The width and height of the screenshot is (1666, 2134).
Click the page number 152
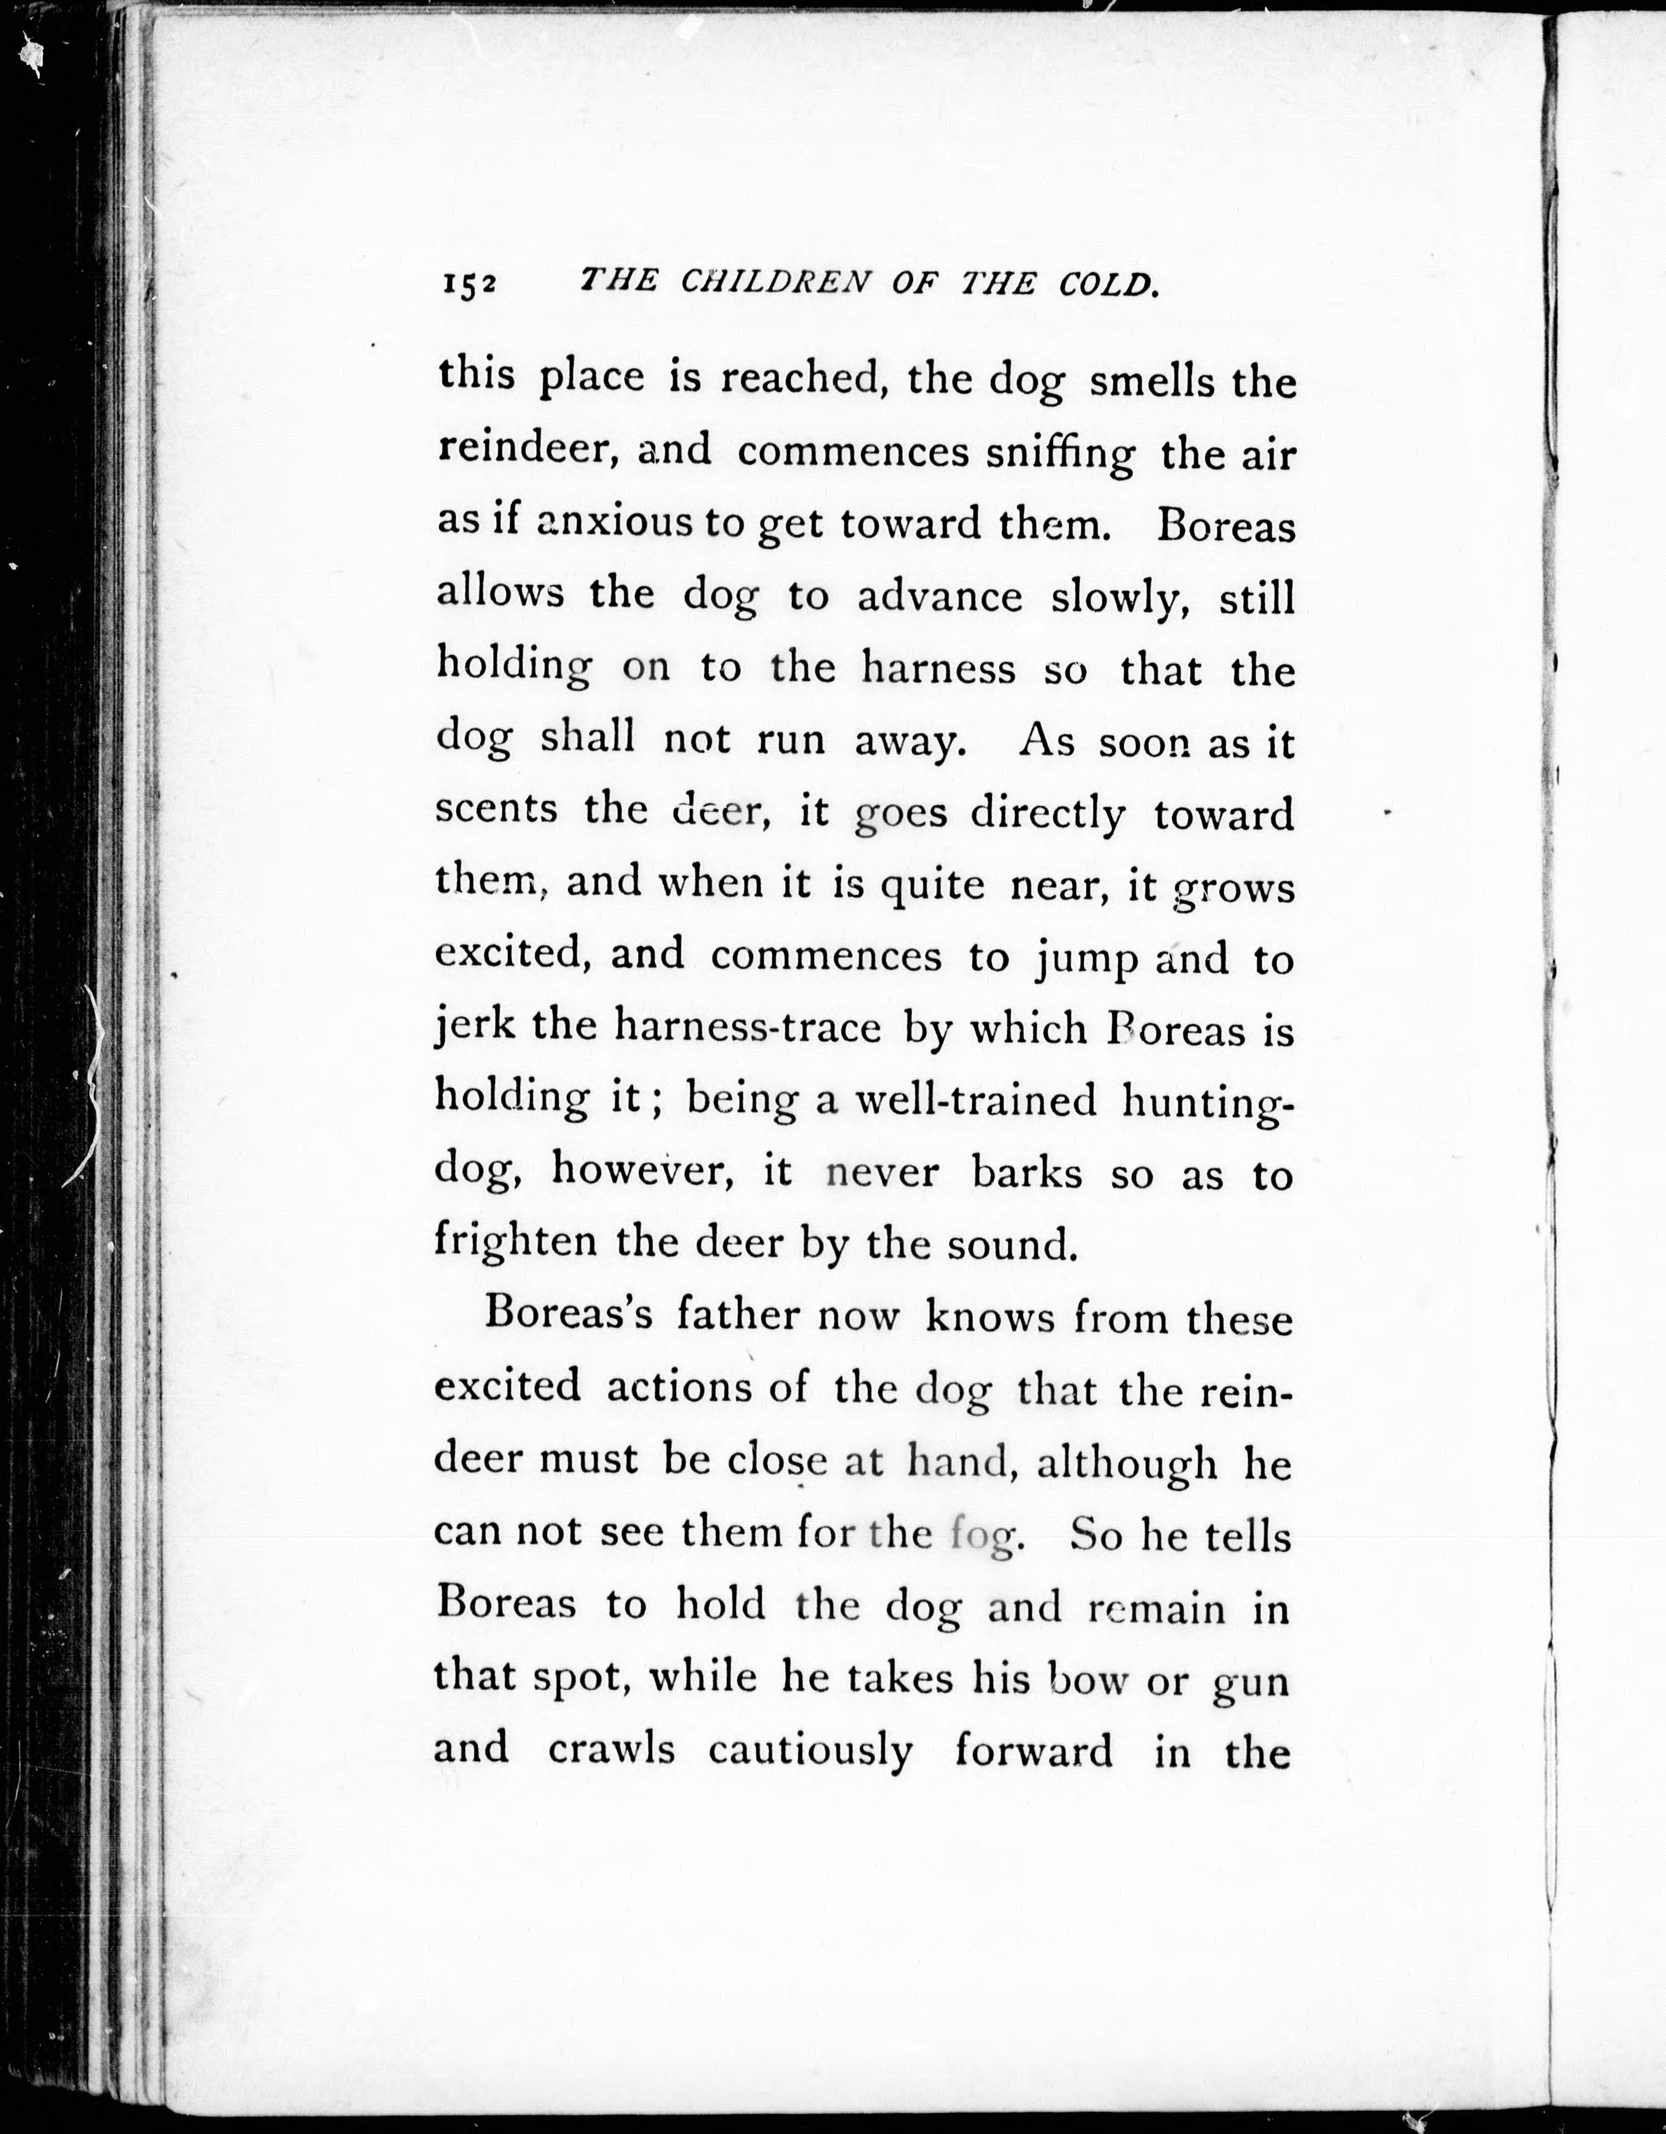[x=469, y=285]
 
